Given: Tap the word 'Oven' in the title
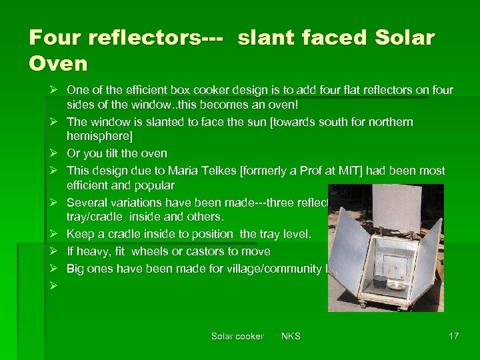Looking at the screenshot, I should pyautogui.click(x=58, y=63).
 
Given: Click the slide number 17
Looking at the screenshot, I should pyautogui.click(x=453, y=336).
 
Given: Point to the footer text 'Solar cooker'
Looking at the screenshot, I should pyautogui.click(x=237, y=336).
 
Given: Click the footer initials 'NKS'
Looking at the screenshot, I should pyautogui.click(x=291, y=336).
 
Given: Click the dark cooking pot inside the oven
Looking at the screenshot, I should pyautogui.click(x=381, y=281).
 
